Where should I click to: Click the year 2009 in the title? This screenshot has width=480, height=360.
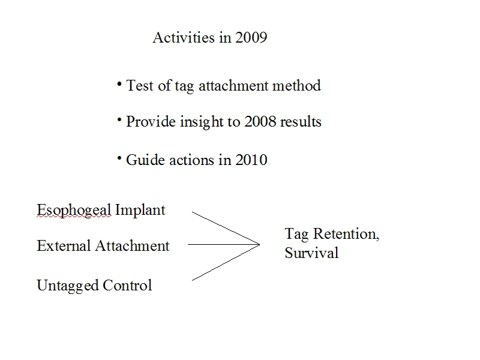(x=251, y=37)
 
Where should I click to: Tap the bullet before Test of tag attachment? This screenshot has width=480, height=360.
(x=119, y=83)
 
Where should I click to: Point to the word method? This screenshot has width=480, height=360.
(x=296, y=85)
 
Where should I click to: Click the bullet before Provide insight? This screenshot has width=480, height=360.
(x=119, y=119)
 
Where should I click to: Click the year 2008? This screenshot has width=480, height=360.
(x=260, y=122)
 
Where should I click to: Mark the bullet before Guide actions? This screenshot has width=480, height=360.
(x=119, y=158)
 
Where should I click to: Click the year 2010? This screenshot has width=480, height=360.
(x=251, y=160)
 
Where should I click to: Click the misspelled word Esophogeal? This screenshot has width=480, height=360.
(x=74, y=211)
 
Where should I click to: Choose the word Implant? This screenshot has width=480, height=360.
(x=140, y=211)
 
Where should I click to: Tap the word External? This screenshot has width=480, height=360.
(x=64, y=245)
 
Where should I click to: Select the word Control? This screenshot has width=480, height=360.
(x=127, y=285)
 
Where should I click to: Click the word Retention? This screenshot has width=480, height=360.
(x=346, y=234)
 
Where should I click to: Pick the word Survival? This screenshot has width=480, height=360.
(x=311, y=253)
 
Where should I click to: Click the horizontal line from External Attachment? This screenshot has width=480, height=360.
(x=224, y=244)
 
